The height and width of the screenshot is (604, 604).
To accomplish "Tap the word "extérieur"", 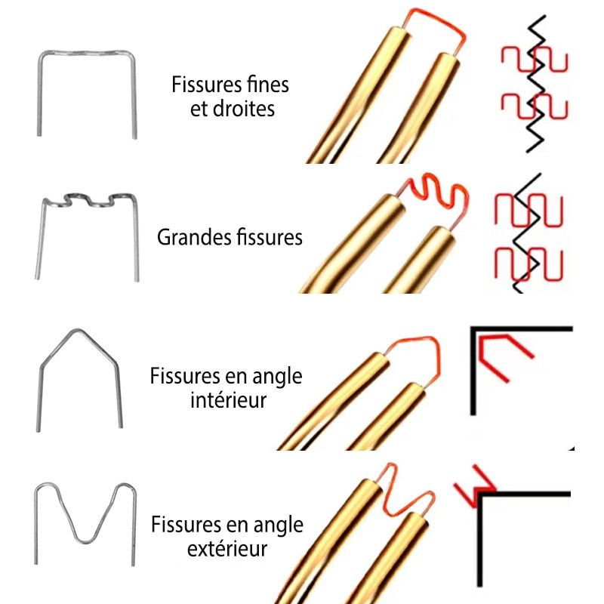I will coord(227,548).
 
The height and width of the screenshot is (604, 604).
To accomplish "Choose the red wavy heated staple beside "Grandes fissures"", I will coord(438,195).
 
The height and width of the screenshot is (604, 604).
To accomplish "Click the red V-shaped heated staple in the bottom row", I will coord(408,495).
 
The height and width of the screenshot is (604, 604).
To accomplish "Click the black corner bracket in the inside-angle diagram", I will coord(521,330).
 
